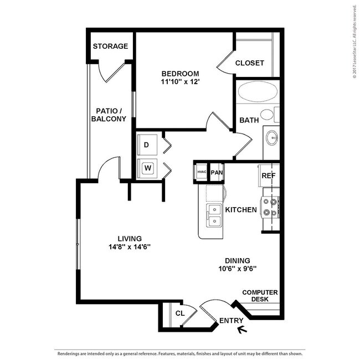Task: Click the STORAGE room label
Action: (110, 47)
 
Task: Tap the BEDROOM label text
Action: (180, 74)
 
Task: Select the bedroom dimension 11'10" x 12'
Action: (180, 83)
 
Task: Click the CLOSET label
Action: (249, 63)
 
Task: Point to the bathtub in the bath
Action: (258, 92)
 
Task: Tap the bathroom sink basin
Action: (272, 137)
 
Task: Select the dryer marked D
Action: (147, 145)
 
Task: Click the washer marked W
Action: (147, 167)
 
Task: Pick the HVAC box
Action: (201, 172)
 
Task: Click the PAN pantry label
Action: (216, 172)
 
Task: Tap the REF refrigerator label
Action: (268, 176)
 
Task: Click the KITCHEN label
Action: (241, 210)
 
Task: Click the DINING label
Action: (237, 260)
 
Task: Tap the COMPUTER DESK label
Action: (260, 296)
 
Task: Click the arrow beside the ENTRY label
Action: (241, 331)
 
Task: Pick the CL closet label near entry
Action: (179, 313)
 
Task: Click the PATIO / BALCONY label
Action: (109, 115)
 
